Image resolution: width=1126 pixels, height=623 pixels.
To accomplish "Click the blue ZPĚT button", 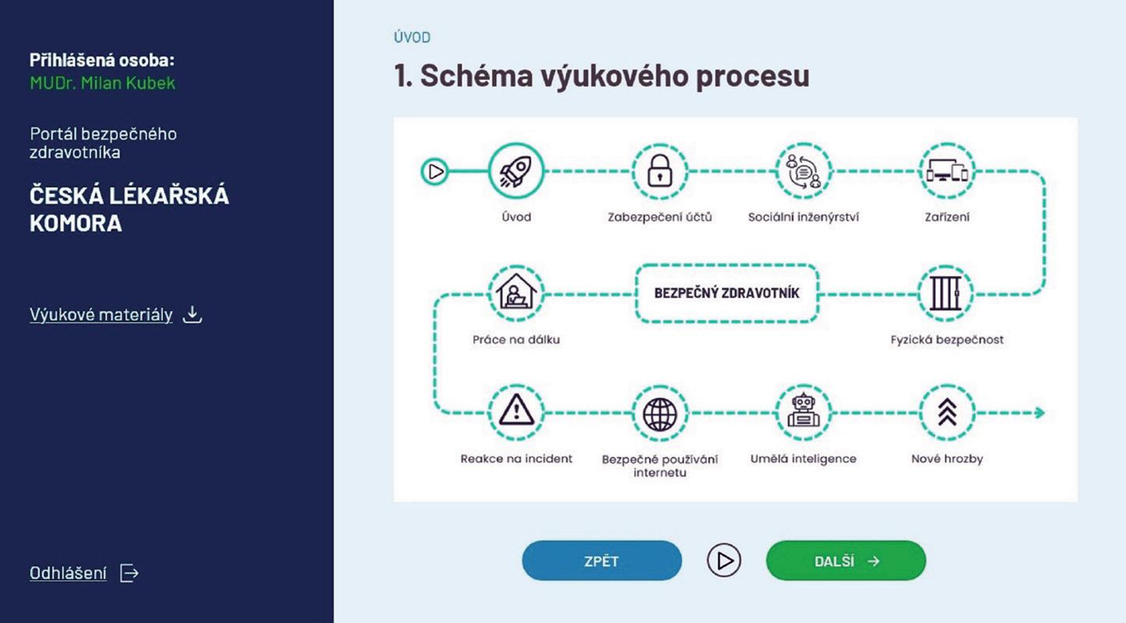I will [602, 561].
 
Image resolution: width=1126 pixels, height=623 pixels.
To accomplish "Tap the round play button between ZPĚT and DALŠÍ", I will [724, 561].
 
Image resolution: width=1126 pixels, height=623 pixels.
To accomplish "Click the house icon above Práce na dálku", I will [516, 294].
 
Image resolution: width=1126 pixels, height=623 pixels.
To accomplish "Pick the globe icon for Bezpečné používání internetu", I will [659, 413].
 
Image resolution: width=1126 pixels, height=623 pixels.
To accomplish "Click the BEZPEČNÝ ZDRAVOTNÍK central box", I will [727, 294].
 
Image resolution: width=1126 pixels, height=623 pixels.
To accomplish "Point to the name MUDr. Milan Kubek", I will [102, 83].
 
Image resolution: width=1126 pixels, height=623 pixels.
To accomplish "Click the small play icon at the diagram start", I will [435, 172].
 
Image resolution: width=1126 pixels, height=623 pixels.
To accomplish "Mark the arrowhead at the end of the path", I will [1039, 413].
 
